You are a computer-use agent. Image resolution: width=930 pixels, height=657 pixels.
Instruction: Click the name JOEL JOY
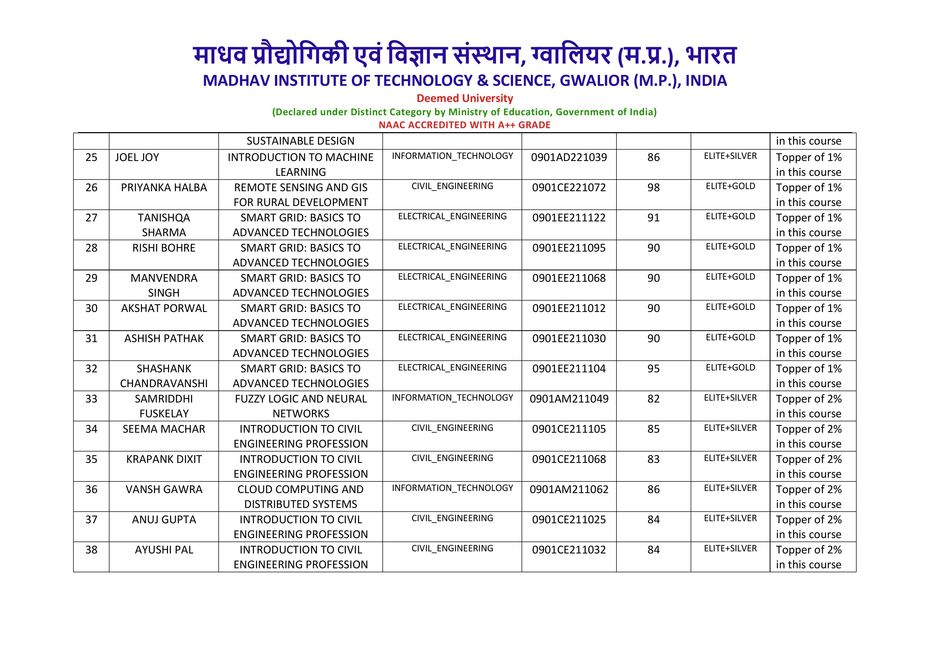point(137,158)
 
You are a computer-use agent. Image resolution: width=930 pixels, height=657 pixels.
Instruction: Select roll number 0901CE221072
point(569,188)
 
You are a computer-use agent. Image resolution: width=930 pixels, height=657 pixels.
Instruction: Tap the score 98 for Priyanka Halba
point(653,188)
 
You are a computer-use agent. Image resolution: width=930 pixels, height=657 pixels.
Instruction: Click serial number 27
point(91,218)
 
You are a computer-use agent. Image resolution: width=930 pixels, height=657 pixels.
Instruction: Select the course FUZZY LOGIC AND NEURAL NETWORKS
point(301,406)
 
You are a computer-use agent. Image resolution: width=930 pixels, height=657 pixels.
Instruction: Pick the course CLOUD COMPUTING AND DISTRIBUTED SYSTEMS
point(301,497)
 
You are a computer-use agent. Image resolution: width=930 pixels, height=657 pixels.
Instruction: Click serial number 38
point(91,550)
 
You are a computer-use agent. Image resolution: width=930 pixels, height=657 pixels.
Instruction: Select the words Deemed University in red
point(465,98)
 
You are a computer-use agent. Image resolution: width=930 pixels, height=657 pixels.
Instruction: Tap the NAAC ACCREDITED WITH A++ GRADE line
point(465,125)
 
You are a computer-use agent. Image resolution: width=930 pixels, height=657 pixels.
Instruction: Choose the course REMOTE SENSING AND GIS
point(301,188)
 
